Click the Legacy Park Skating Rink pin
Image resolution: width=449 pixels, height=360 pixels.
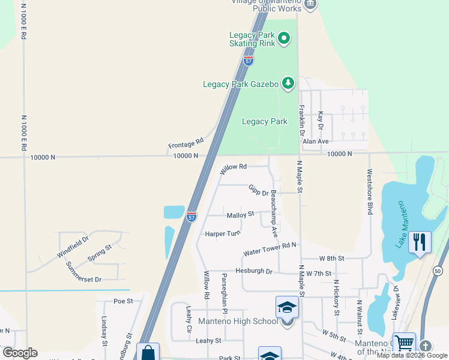click(284, 40)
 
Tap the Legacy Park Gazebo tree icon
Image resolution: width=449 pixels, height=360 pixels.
click(289, 83)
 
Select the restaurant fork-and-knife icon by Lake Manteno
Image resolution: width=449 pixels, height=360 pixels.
click(418, 242)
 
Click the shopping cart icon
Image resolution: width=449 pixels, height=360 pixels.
click(404, 343)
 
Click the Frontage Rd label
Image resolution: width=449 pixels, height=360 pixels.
click(185, 144)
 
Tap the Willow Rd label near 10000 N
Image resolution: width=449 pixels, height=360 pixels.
click(233, 169)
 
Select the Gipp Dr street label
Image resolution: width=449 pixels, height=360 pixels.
click(259, 190)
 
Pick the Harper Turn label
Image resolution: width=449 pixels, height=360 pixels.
click(223, 233)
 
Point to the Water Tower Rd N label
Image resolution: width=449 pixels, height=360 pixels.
click(270, 249)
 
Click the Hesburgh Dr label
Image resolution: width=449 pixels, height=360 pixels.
click(254, 271)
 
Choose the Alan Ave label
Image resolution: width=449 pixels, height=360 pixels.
click(316, 141)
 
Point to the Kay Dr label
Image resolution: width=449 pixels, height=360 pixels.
click(321, 121)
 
